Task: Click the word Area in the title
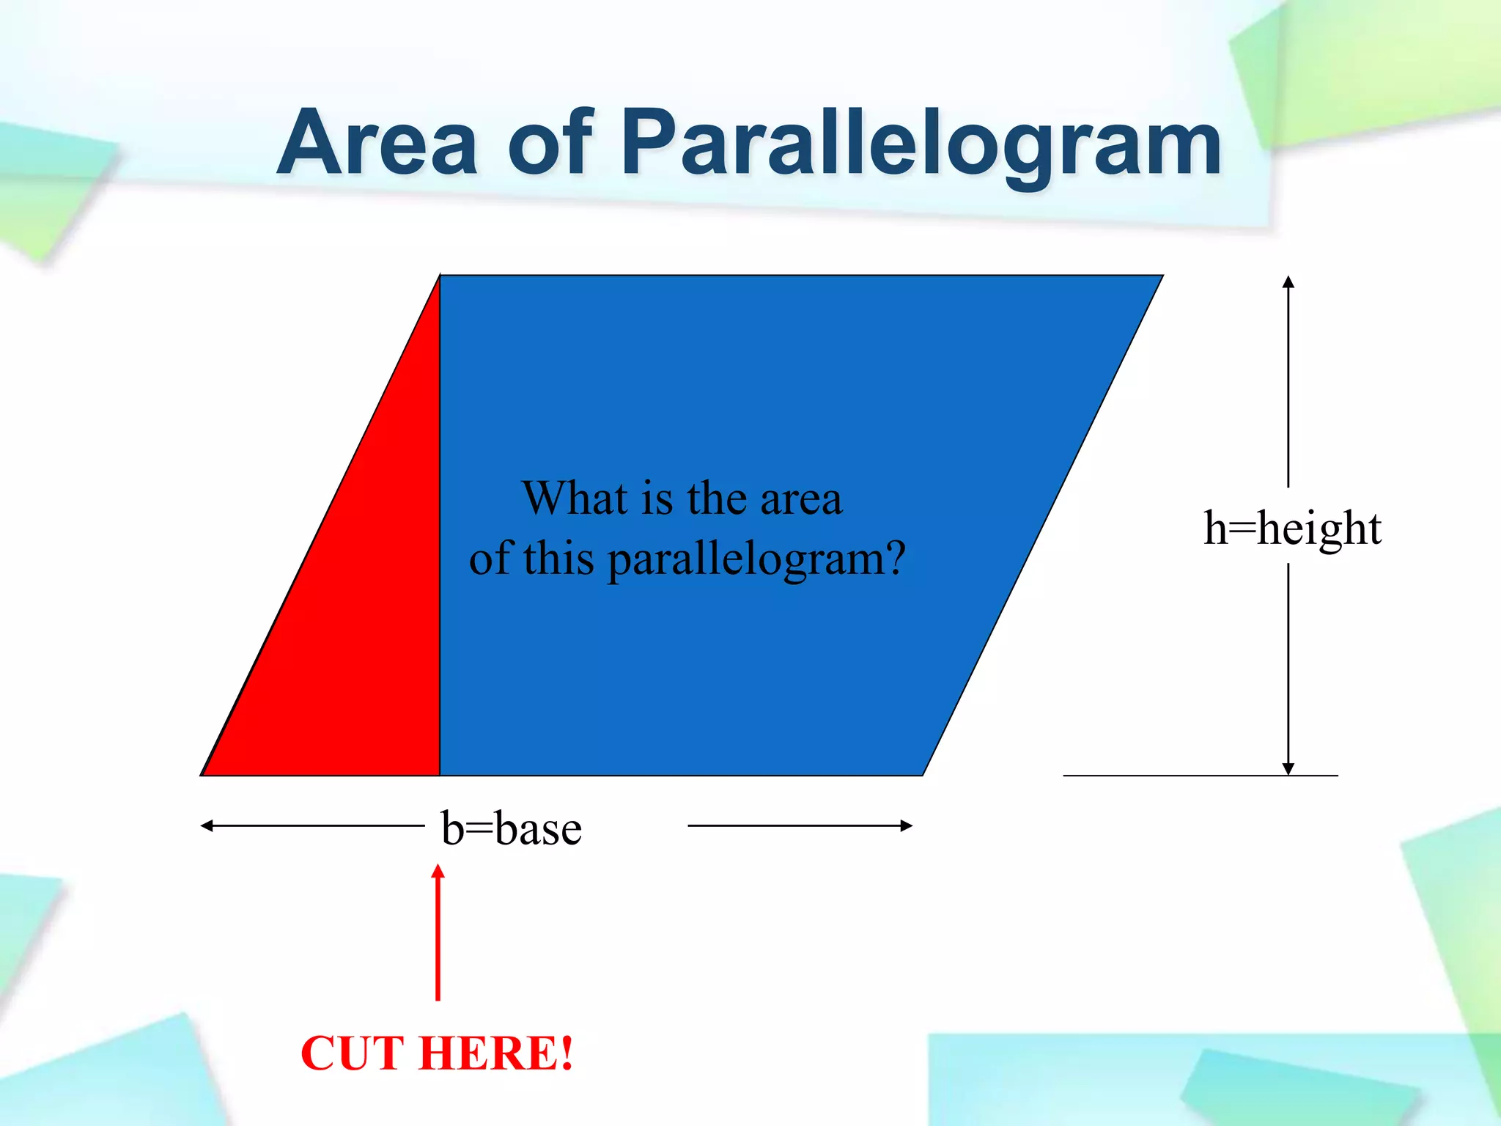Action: coord(377,143)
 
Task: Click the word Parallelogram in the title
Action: coord(921,144)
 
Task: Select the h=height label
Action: coord(1292,528)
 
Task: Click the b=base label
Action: coord(512,828)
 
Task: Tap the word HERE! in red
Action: coord(496,1053)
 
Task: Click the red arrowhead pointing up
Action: coord(438,872)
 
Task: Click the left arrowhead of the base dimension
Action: coord(207,826)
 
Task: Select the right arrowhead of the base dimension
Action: coord(907,826)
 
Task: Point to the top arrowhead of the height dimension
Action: coord(1288,282)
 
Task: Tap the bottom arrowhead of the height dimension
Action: coord(1288,768)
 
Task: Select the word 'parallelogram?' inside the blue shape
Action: coord(756,561)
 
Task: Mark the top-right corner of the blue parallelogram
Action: coord(1161,276)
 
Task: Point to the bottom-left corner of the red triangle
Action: coord(202,774)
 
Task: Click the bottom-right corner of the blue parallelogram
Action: coord(923,774)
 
